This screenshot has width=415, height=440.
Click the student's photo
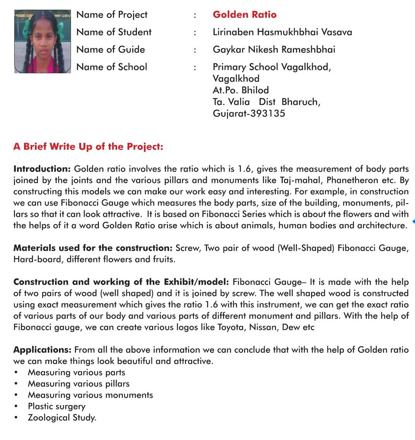coord(43,41)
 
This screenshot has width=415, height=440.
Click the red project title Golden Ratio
coord(244,15)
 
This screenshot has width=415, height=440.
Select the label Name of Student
coord(114,32)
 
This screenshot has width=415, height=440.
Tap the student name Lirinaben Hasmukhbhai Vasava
coord(282,32)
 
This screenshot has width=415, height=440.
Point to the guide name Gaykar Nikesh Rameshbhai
coord(274,50)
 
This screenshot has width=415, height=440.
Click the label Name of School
coord(112,67)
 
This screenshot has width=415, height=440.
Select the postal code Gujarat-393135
coord(249,114)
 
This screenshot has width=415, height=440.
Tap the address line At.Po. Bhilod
coord(240,90)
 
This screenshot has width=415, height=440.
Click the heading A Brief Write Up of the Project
coord(88,147)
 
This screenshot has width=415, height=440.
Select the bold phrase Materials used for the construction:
coord(93,248)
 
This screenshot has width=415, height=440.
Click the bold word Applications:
coord(42,350)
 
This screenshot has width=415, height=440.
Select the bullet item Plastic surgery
coord(57,407)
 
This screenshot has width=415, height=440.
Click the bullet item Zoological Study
coord(62,418)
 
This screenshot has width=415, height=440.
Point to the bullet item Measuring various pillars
coord(79,384)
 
